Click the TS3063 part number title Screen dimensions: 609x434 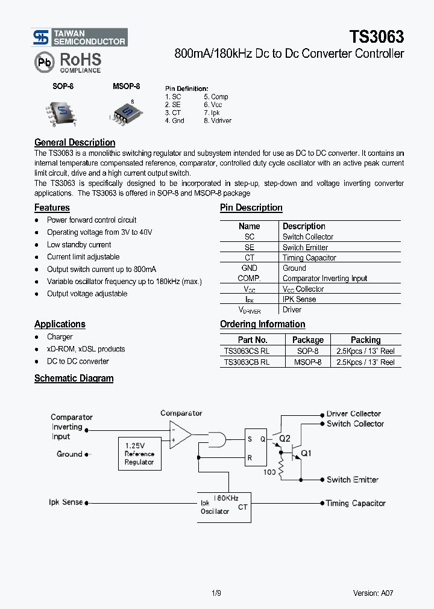[x=376, y=37]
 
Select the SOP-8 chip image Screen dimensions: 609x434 [x=62, y=111]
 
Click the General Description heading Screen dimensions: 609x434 [x=75, y=143]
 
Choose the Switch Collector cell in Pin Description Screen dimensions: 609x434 [x=307, y=237]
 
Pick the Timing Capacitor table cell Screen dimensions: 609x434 [x=309, y=258]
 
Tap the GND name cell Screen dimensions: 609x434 [x=249, y=268]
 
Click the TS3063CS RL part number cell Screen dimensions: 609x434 [x=247, y=350]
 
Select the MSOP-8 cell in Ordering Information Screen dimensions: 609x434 [x=307, y=362]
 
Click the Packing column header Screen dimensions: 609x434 [x=365, y=339]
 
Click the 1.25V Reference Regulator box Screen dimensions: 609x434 [x=139, y=454]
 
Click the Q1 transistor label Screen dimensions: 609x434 [x=307, y=453]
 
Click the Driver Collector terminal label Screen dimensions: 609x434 [x=353, y=414]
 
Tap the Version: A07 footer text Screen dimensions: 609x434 [x=373, y=593]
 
